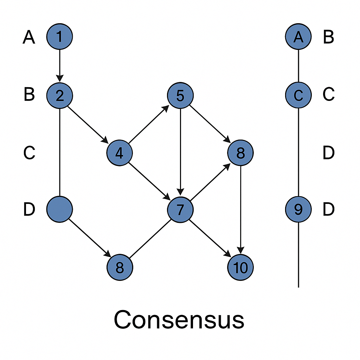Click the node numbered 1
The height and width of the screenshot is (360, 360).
point(60,37)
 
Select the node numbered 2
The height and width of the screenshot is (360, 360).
point(60,95)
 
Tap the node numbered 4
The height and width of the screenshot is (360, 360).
point(120,153)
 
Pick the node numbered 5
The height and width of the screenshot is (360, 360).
point(180,95)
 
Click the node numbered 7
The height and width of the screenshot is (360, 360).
point(180,210)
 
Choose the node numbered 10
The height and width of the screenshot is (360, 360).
point(240,268)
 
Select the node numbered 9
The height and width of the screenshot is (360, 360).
point(298,210)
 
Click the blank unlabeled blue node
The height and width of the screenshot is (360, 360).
point(60,210)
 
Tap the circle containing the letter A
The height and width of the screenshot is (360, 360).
point(298,37)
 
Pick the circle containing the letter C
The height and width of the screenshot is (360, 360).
point(298,95)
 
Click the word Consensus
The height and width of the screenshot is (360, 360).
point(179,320)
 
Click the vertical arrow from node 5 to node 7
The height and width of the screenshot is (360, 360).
point(180,151)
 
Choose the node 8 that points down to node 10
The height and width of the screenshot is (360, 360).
point(240,153)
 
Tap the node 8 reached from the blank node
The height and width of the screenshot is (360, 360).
point(120,268)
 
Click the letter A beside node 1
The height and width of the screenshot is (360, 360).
point(29,37)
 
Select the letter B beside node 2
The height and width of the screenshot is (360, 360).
point(29,95)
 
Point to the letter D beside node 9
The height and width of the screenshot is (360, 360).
point(328,210)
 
